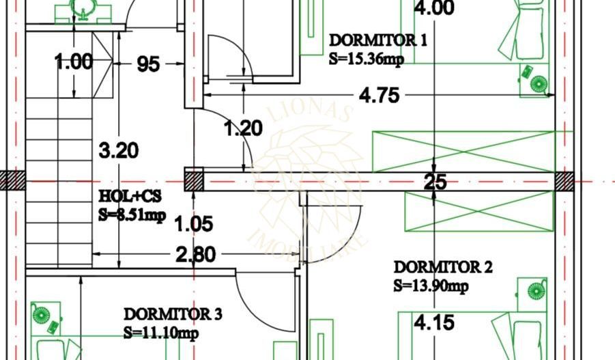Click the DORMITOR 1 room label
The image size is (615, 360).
point(377,40)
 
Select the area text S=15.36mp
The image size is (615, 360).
point(366,59)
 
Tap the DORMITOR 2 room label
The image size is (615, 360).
point(442,267)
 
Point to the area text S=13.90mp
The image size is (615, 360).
point(431,286)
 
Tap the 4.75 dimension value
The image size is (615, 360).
point(379,96)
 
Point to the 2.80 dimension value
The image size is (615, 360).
point(195,255)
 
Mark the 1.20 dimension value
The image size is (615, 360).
point(243,128)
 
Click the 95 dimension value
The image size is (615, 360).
point(148,64)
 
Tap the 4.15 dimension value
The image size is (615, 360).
point(434,322)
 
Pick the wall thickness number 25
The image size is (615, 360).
point(435,182)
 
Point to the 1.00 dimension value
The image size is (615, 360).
point(74,62)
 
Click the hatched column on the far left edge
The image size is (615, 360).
point(12,181)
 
